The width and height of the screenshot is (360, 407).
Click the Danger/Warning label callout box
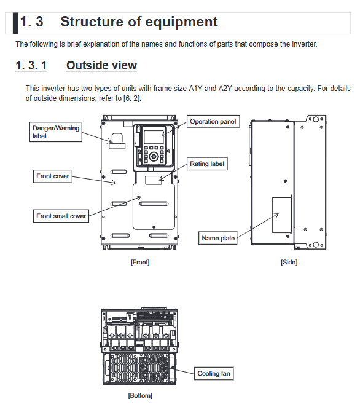tap(56, 132)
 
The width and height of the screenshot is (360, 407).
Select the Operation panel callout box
tap(213, 122)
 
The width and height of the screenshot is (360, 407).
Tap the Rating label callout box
tap(207, 164)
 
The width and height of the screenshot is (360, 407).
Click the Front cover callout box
tap(53, 176)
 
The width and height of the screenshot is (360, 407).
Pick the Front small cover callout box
tap(61, 216)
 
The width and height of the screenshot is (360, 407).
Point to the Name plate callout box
tap(218, 238)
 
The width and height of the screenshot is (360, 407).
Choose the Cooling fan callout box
tap(214, 374)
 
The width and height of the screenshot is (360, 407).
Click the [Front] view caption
tap(140, 262)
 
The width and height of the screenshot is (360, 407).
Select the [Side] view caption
tap(289, 262)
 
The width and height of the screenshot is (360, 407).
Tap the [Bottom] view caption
tap(140, 395)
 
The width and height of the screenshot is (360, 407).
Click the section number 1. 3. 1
tap(31, 65)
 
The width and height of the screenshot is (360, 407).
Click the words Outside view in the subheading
tap(101, 65)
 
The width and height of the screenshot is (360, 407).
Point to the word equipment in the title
tap(182, 22)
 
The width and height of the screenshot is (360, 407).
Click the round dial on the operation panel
tap(154, 157)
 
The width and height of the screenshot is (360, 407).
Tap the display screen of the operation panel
tap(154, 136)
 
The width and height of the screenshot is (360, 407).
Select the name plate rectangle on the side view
tap(281, 215)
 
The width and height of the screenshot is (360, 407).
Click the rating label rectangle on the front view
tap(154, 180)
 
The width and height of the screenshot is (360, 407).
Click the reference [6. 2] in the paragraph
tap(132, 98)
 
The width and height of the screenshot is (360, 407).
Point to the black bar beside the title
tap(15, 23)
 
